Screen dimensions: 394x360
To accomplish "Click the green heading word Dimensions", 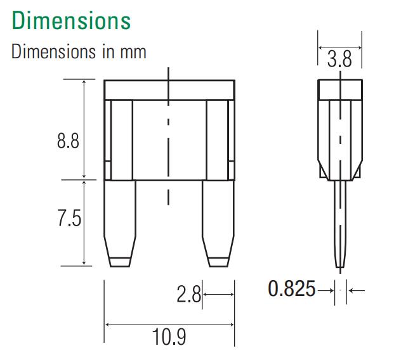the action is point(71,20).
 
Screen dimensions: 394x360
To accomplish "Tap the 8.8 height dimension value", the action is point(68,141).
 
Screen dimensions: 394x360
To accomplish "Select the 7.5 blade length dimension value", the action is point(69,218).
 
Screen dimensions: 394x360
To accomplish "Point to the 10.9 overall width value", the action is point(169,337).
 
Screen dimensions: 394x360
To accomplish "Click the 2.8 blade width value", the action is point(189,294).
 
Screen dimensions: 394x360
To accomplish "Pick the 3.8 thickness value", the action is point(339,59).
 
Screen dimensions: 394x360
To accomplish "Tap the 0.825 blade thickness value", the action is point(291,289).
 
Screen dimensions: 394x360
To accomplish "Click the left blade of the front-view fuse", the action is point(120,224).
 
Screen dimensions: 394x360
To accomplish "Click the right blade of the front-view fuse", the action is point(218,224).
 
